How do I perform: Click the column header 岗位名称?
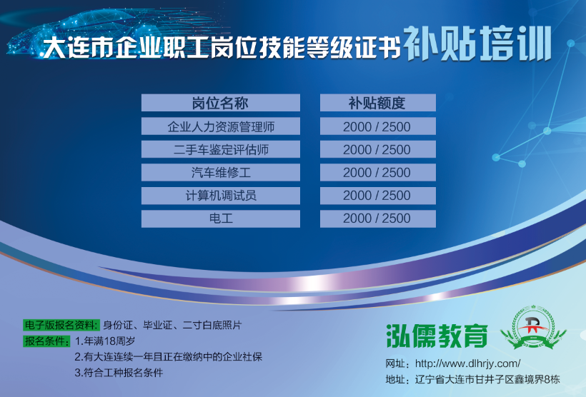pyautogui.click(x=221, y=103)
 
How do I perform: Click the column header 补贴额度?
pyautogui.click(x=378, y=103)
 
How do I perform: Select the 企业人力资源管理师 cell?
pyautogui.click(x=221, y=126)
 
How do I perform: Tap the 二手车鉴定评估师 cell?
pyautogui.click(x=221, y=149)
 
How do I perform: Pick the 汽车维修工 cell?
pyautogui.click(x=221, y=173)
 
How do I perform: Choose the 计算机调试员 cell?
pyautogui.click(x=221, y=196)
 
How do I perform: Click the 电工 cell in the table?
pyautogui.click(x=221, y=218)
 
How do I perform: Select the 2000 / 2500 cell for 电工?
pyautogui.click(x=378, y=218)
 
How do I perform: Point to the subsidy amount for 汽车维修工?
pyautogui.click(x=378, y=173)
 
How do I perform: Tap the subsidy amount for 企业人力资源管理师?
pyautogui.click(x=378, y=126)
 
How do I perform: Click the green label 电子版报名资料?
pyautogui.click(x=61, y=325)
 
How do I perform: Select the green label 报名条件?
pyautogui.click(x=46, y=341)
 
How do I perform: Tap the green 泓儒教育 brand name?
pyautogui.click(x=437, y=336)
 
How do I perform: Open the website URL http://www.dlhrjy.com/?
pyautogui.click(x=467, y=363)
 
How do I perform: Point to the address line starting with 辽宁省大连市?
pyautogui.click(x=487, y=379)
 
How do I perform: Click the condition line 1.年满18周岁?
pyautogui.click(x=105, y=341)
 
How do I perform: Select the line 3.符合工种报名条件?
pyautogui.click(x=119, y=372)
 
